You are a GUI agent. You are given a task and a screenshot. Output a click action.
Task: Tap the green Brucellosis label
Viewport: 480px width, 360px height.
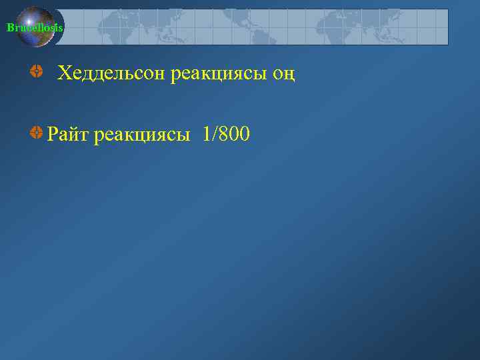[x=35, y=27]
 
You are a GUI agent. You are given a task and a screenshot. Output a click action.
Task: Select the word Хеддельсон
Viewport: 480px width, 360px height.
[x=111, y=73]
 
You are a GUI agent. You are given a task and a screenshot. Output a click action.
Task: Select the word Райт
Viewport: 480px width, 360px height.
[x=68, y=135]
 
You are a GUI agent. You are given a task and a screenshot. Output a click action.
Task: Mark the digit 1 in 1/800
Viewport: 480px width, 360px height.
[x=201, y=135]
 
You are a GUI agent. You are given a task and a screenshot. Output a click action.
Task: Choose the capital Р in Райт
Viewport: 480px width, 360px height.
[x=53, y=135]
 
